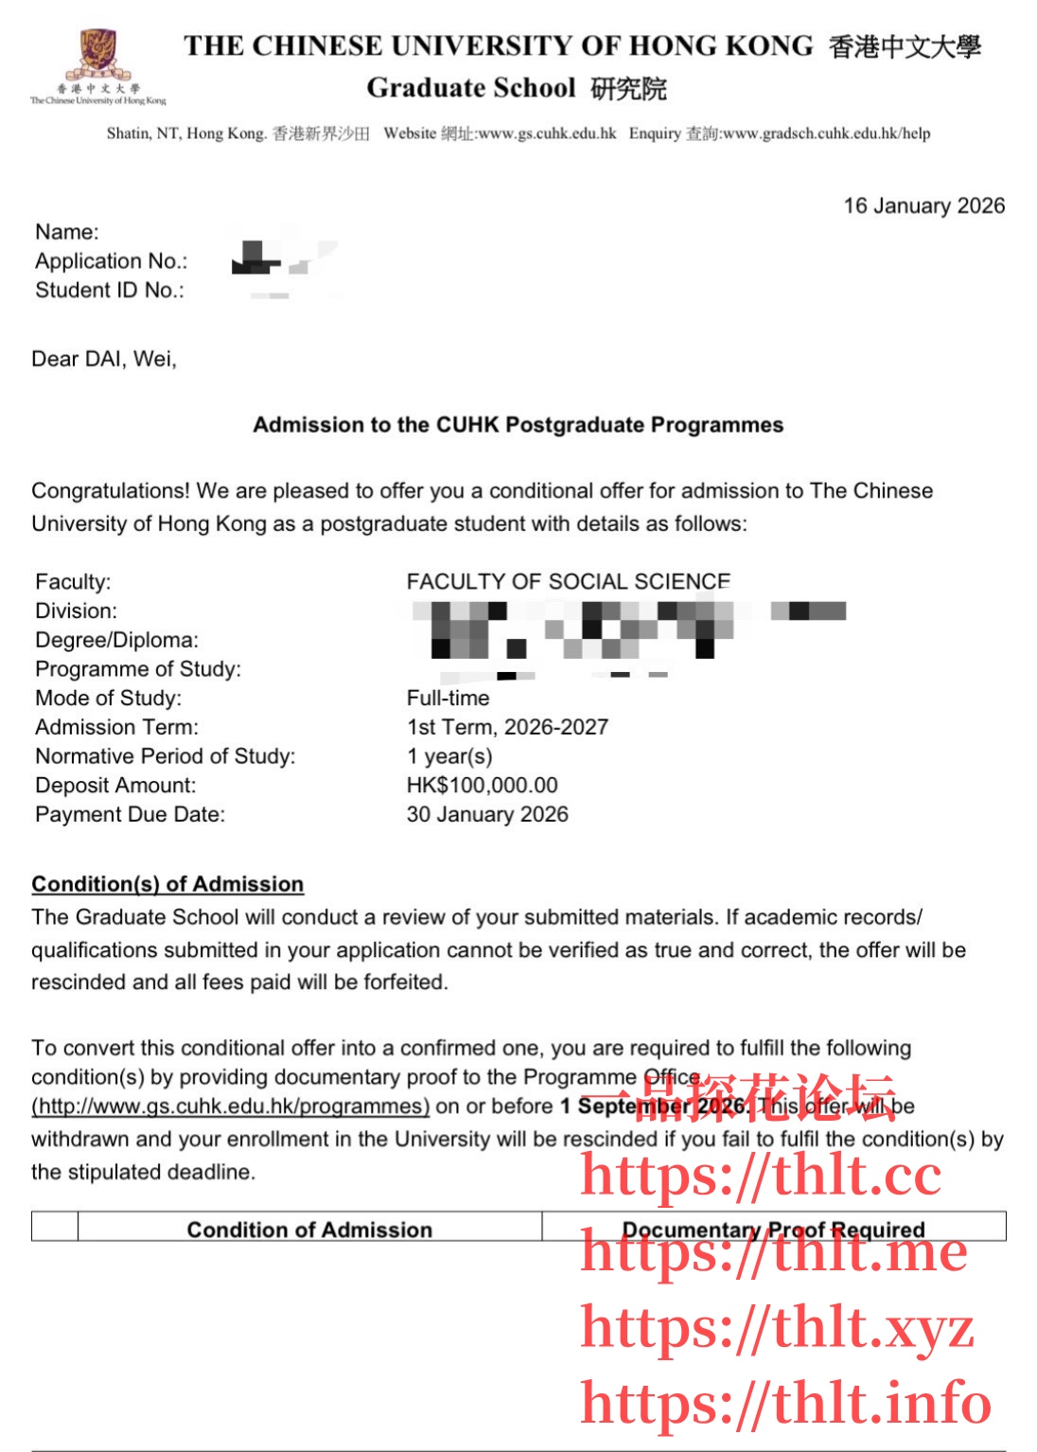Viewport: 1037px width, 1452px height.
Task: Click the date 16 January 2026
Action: tap(923, 205)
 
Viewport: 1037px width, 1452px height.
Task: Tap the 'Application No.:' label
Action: tap(111, 261)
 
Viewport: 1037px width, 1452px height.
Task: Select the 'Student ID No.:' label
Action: tap(109, 291)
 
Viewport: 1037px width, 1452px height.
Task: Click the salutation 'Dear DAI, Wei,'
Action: tap(104, 359)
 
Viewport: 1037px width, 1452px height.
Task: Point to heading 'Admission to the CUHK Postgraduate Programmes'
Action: tap(518, 425)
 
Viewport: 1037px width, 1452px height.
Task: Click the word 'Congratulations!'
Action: tap(111, 490)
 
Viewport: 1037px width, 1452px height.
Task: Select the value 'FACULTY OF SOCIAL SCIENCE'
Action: tap(568, 581)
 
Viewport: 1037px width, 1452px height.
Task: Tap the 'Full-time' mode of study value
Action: tap(448, 698)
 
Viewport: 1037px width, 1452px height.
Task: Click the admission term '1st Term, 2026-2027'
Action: tap(507, 727)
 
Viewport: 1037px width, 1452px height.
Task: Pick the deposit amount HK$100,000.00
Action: tap(482, 785)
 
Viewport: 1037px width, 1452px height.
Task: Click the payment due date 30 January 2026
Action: tap(487, 814)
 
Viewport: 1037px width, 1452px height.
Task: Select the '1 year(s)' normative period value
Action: tap(449, 756)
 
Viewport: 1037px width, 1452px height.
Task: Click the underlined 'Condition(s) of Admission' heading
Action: tap(167, 884)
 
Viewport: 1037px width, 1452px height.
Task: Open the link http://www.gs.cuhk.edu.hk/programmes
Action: tap(230, 1106)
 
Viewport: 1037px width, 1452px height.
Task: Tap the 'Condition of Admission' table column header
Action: tap(309, 1230)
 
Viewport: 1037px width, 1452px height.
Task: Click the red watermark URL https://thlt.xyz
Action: tap(776, 1327)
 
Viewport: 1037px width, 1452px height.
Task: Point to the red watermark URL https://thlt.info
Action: tap(785, 1403)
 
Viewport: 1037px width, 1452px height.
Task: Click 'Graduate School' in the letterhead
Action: tap(471, 88)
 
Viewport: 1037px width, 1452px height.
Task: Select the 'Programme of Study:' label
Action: tap(138, 669)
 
